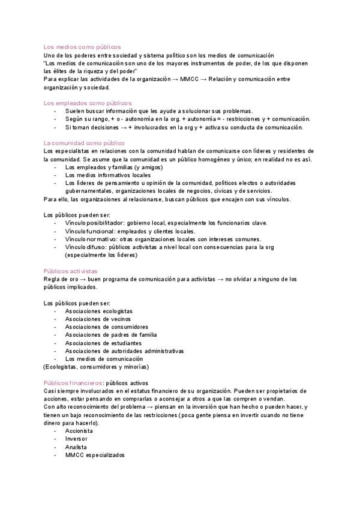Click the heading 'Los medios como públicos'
82,46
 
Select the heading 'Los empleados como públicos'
88,103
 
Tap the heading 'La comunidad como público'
85,142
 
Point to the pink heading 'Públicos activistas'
71,271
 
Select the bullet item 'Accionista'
79,431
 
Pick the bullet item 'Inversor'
77,439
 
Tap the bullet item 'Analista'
76,447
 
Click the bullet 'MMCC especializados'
95,455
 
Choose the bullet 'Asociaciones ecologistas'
99,311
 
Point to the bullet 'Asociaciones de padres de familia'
111,335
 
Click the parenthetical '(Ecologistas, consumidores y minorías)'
97,367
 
